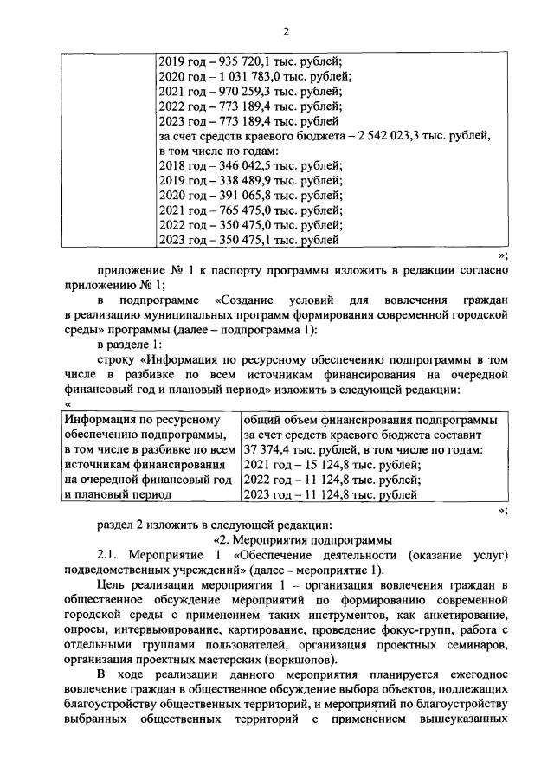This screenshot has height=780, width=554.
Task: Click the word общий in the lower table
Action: point(263,420)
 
